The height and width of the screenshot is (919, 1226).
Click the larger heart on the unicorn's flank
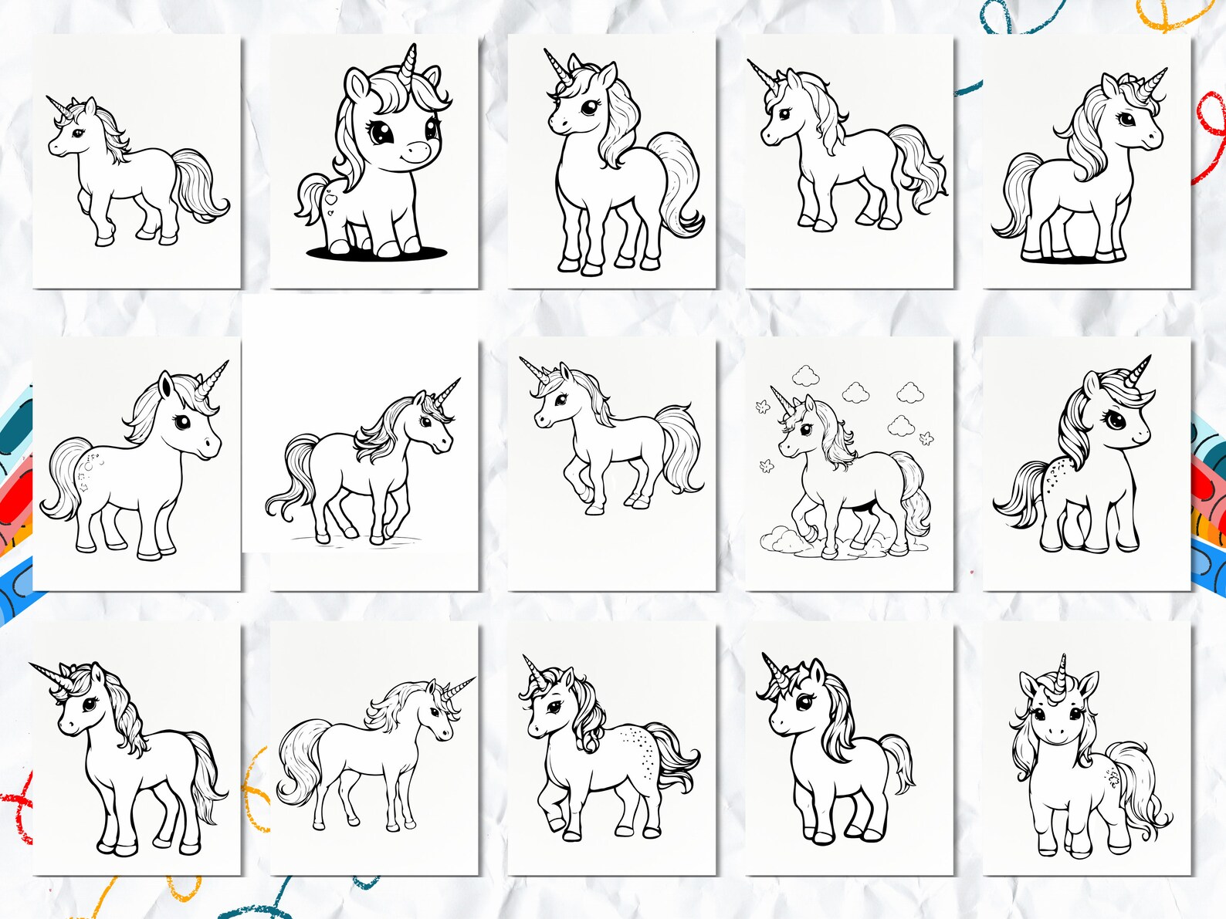click(x=331, y=198)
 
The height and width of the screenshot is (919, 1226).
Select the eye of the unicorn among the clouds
click(x=805, y=429)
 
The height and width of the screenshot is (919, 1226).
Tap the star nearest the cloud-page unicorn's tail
click(x=926, y=438)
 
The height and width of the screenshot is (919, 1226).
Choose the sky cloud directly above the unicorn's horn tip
click(x=805, y=376)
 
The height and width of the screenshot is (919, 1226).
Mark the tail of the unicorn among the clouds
click(x=914, y=494)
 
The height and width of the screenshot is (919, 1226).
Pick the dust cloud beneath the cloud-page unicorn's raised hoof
click(x=780, y=540)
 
